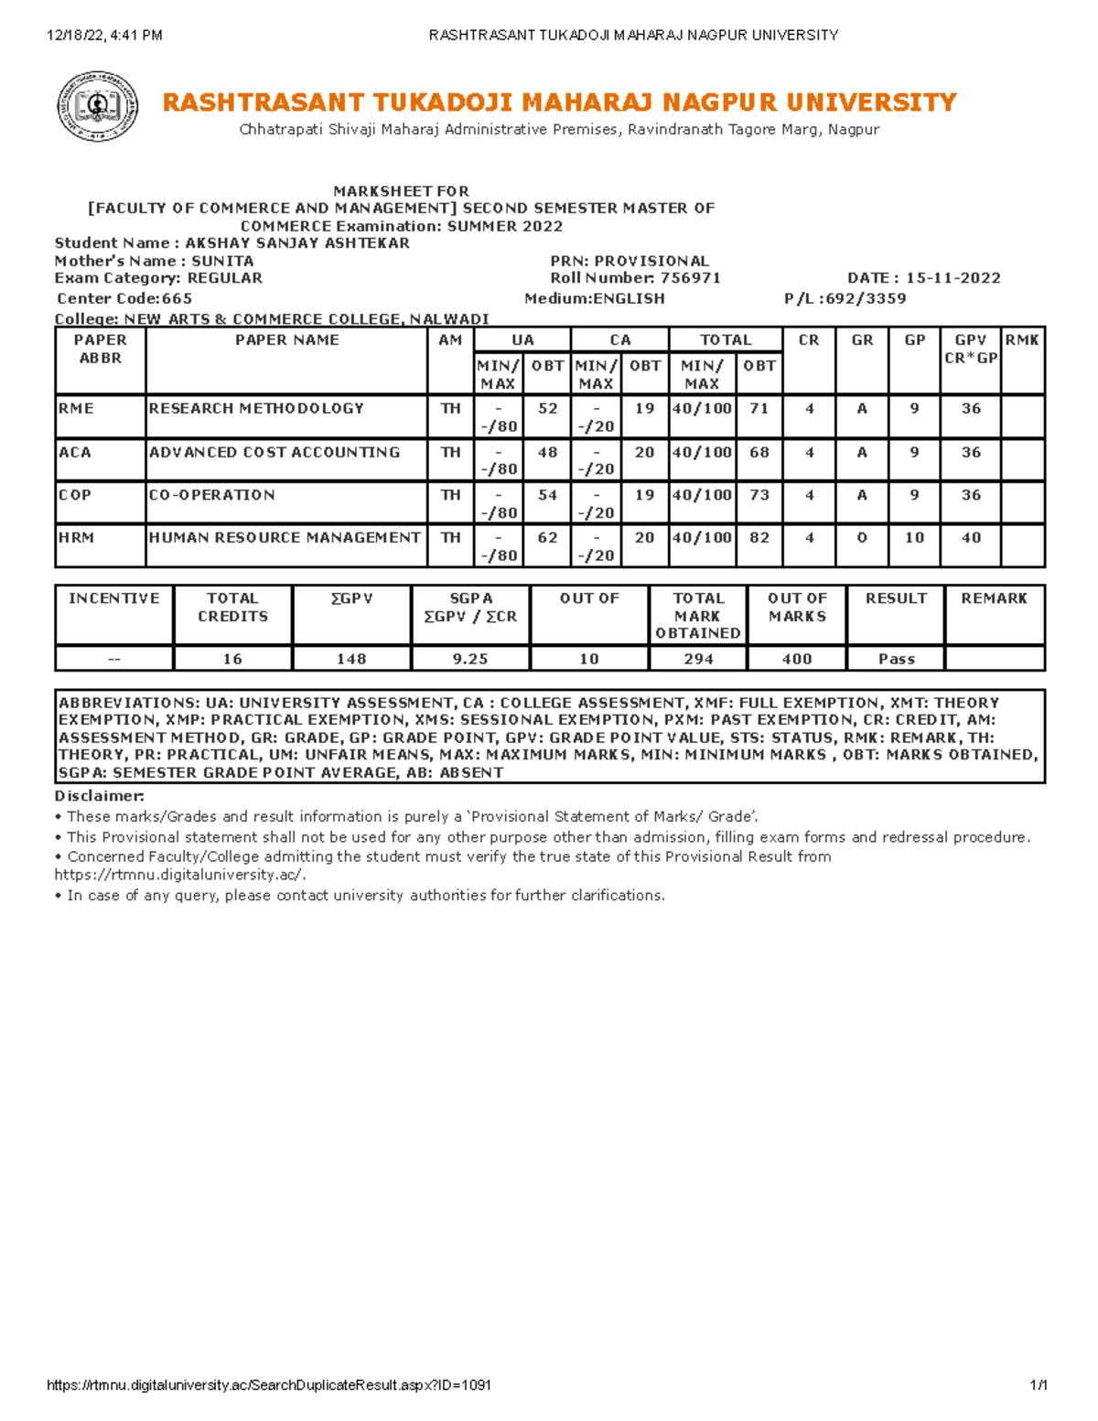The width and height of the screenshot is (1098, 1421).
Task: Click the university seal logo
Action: (98, 107)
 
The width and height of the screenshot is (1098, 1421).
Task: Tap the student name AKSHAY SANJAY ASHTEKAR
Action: (296, 243)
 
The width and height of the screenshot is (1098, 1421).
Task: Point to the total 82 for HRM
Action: (759, 538)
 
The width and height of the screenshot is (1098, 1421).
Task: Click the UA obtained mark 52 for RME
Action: (547, 409)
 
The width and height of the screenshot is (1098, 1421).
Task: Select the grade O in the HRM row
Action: (861, 538)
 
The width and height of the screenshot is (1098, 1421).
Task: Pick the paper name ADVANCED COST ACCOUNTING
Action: (274, 452)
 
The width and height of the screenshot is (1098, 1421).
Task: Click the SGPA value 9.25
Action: (470, 659)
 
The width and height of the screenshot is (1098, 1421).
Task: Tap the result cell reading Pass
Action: (896, 659)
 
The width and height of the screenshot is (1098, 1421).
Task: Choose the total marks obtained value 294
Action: (698, 659)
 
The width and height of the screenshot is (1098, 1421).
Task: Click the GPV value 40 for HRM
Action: (971, 538)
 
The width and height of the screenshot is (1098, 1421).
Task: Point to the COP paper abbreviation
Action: (75, 495)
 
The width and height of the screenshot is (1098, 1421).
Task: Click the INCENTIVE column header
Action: (114, 598)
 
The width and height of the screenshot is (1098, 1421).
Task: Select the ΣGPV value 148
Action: (351, 659)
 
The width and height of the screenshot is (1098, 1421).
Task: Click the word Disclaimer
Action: (99, 796)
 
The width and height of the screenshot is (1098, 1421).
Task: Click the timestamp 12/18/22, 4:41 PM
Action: (104, 36)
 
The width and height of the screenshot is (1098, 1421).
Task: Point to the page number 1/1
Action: (1038, 1385)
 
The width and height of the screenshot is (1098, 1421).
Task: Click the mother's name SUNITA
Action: (222, 261)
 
